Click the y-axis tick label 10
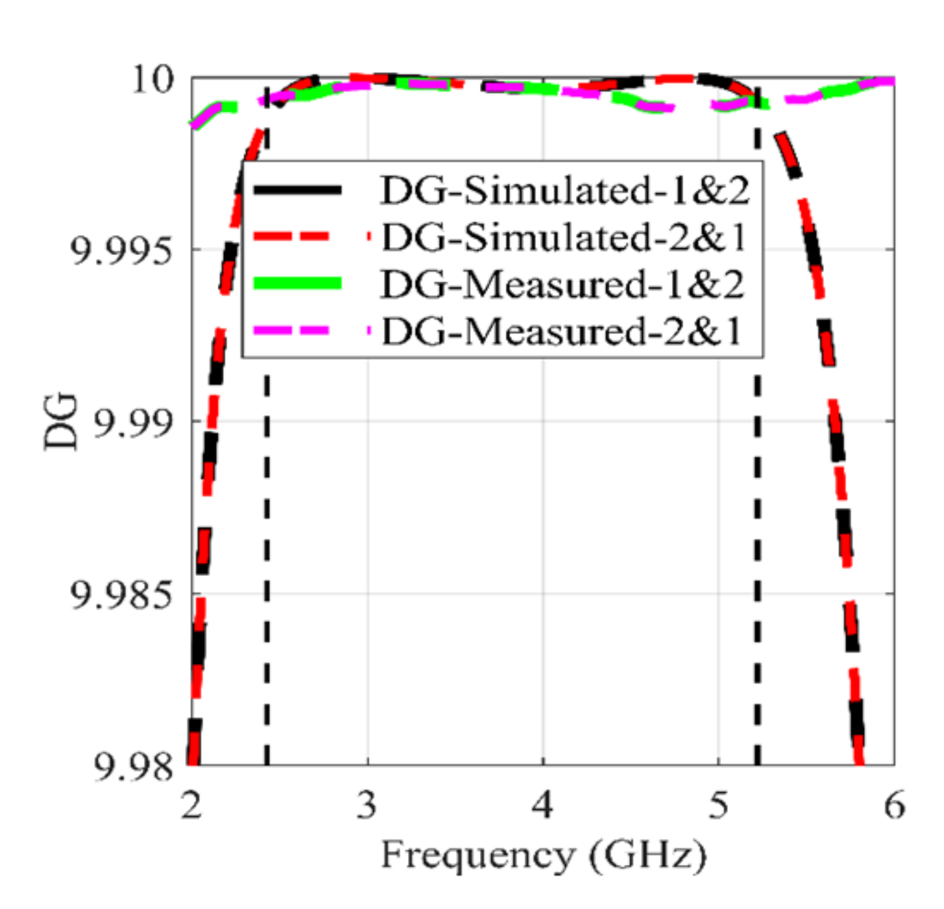tap(152, 80)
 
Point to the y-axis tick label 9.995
tap(121, 251)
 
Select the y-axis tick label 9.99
tap(133, 422)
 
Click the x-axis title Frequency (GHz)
tap(543, 855)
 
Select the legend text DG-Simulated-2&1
tap(564, 237)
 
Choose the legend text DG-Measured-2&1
tap(562, 331)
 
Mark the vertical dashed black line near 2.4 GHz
tap(266, 526)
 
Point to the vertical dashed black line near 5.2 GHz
tap(757, 526)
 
